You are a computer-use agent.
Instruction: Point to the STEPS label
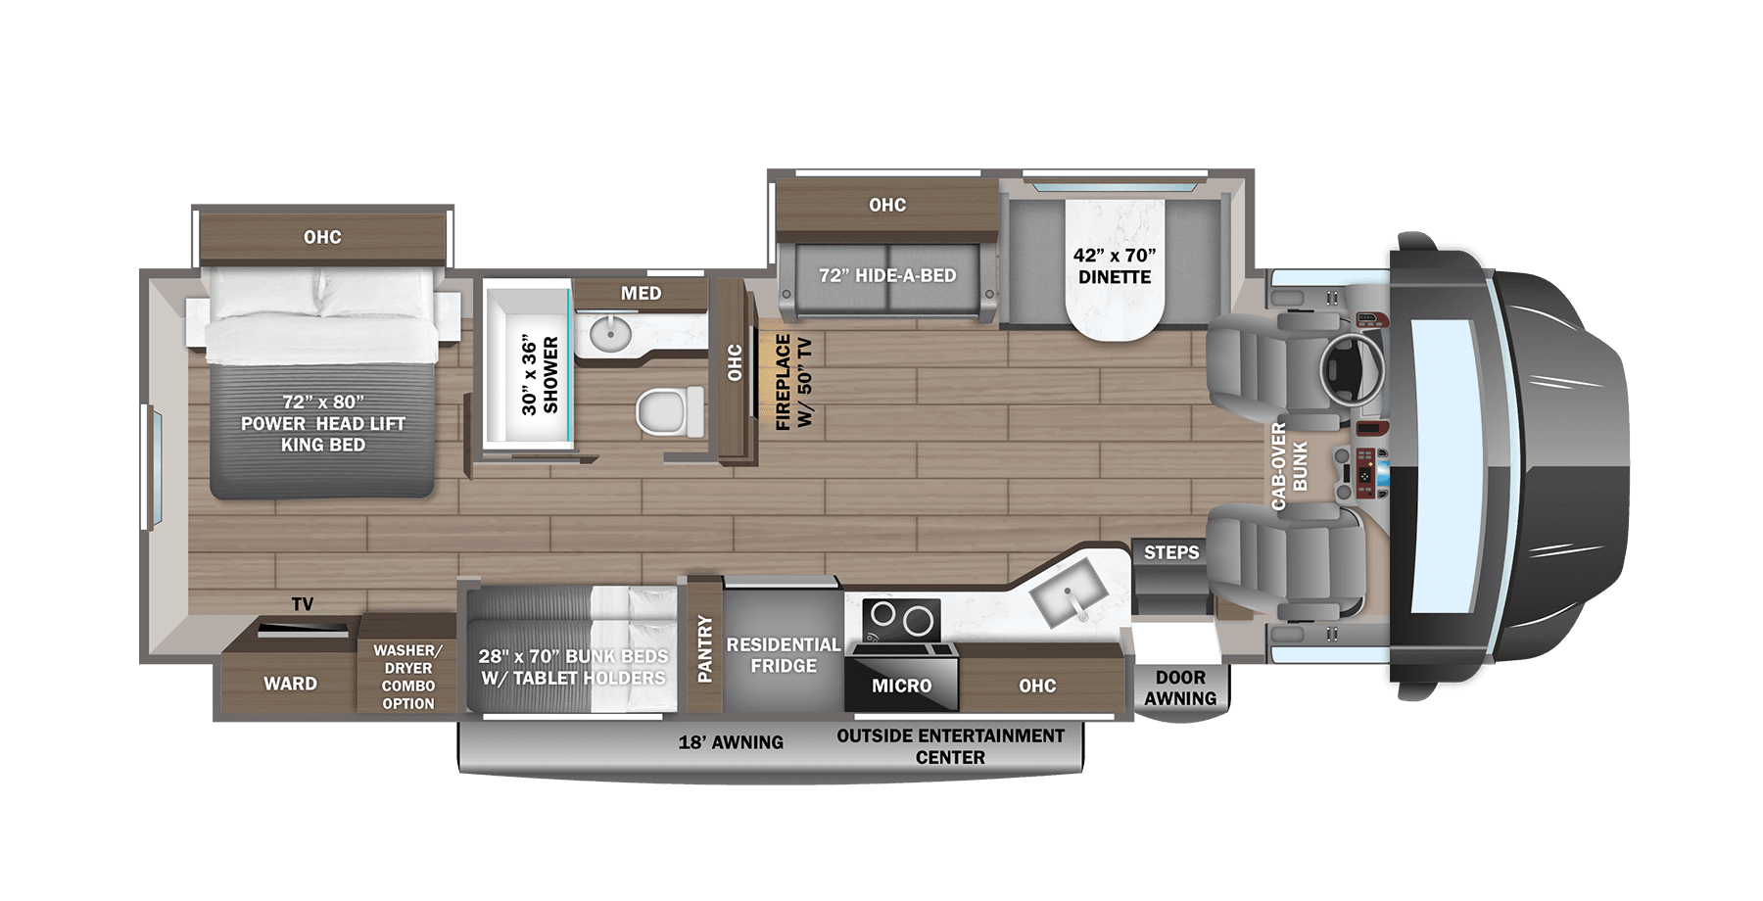[1171, 552]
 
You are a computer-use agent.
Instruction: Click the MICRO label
[901, 686]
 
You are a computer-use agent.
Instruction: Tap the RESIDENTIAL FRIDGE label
[783, 655]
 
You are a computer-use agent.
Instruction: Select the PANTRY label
[704, 648]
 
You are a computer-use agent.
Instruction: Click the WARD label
[290, 684]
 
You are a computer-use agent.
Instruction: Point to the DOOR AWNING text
[1180, 688]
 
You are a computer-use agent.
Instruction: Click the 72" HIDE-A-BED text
[887, 276]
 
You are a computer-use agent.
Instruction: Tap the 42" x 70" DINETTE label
[1115, 266]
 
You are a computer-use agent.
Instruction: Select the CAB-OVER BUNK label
[1290, 466]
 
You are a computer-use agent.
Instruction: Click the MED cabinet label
[641, 293]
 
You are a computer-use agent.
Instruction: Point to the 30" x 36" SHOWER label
[540, 375]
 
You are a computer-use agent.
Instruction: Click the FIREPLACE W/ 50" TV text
[793, 382]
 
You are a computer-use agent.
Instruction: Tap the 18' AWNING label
[731, 742]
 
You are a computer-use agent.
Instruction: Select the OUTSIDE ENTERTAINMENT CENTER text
[950, 746]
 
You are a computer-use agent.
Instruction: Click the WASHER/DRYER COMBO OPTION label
[408, 677]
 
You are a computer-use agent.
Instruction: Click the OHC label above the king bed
[322, 237]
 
